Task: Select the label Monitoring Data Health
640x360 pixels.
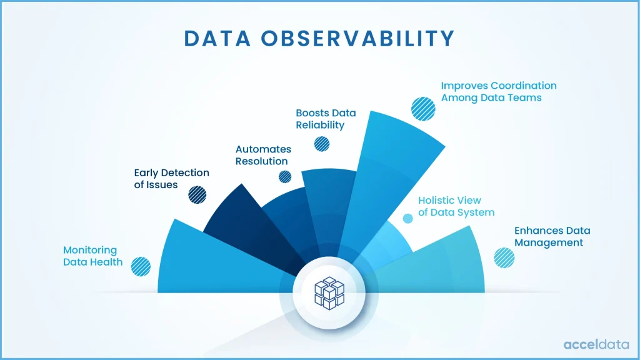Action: [93, 256]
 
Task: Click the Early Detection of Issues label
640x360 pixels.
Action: [172, 179]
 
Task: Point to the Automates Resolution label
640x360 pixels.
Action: [263, 155]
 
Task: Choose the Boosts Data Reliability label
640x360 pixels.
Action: [326, 119]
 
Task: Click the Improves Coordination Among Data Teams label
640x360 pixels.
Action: [499, 91]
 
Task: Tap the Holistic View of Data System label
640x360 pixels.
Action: [456, 206]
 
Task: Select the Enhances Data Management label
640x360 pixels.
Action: [552, 236]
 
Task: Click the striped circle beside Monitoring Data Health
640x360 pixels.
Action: [141, 266]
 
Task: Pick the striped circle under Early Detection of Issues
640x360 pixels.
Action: [197, 194]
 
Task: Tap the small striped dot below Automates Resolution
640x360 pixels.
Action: [284, 177]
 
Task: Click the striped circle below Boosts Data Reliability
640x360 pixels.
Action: [322, 144]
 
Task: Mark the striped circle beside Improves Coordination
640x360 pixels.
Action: [423, 108]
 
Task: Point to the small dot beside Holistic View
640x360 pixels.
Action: [407, 218]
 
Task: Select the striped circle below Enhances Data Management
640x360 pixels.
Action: [504, 257]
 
